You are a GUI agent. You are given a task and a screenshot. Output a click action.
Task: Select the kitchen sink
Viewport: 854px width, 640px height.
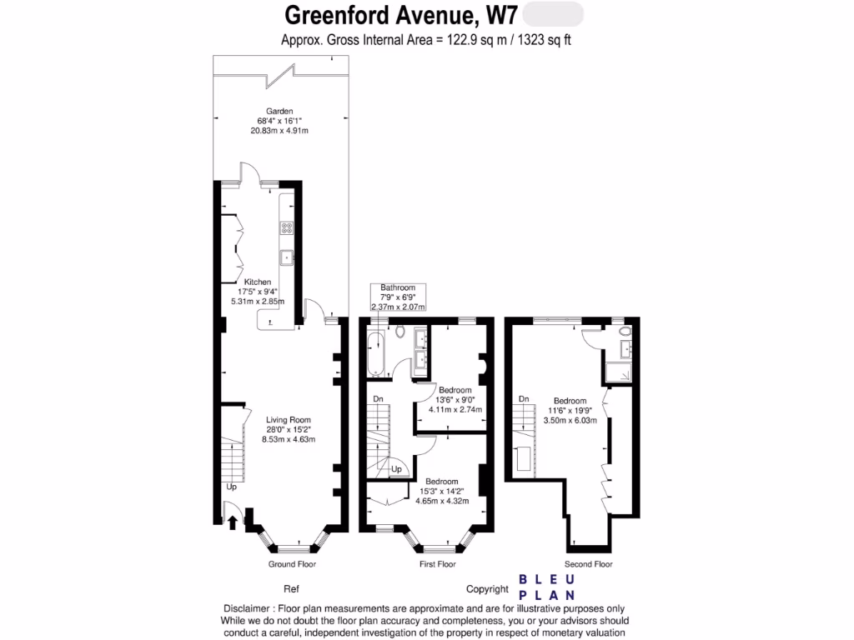pos(286,257)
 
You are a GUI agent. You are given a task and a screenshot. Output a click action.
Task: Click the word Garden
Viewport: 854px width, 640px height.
pos(279,111)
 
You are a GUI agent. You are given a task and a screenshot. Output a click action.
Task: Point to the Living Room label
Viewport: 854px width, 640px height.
pos(288,420)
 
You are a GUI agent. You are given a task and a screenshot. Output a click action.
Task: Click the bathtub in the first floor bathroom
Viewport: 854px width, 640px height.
pos(374,352)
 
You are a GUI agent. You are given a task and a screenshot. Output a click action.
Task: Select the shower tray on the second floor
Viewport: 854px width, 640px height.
pos(620,372)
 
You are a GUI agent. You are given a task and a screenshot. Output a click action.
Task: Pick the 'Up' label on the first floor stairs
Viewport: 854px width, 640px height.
pos(397,469)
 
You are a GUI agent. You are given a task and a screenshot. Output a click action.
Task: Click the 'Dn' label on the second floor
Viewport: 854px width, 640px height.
pos(524,399)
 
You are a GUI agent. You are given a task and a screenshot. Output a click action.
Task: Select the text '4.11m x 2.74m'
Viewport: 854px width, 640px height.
pos(455,409)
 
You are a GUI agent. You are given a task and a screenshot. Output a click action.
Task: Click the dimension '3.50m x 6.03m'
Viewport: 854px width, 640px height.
pos(569,422)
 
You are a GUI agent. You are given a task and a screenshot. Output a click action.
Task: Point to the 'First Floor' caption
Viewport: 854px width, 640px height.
pos(437,564)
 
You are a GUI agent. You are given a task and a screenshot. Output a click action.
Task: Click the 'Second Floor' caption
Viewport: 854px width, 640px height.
pos(588,564)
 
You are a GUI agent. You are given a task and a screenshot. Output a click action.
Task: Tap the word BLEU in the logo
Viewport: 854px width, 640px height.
pos(546,579)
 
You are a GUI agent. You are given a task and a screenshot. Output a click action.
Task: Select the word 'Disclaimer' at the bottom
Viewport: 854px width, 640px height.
pos(248,607)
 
